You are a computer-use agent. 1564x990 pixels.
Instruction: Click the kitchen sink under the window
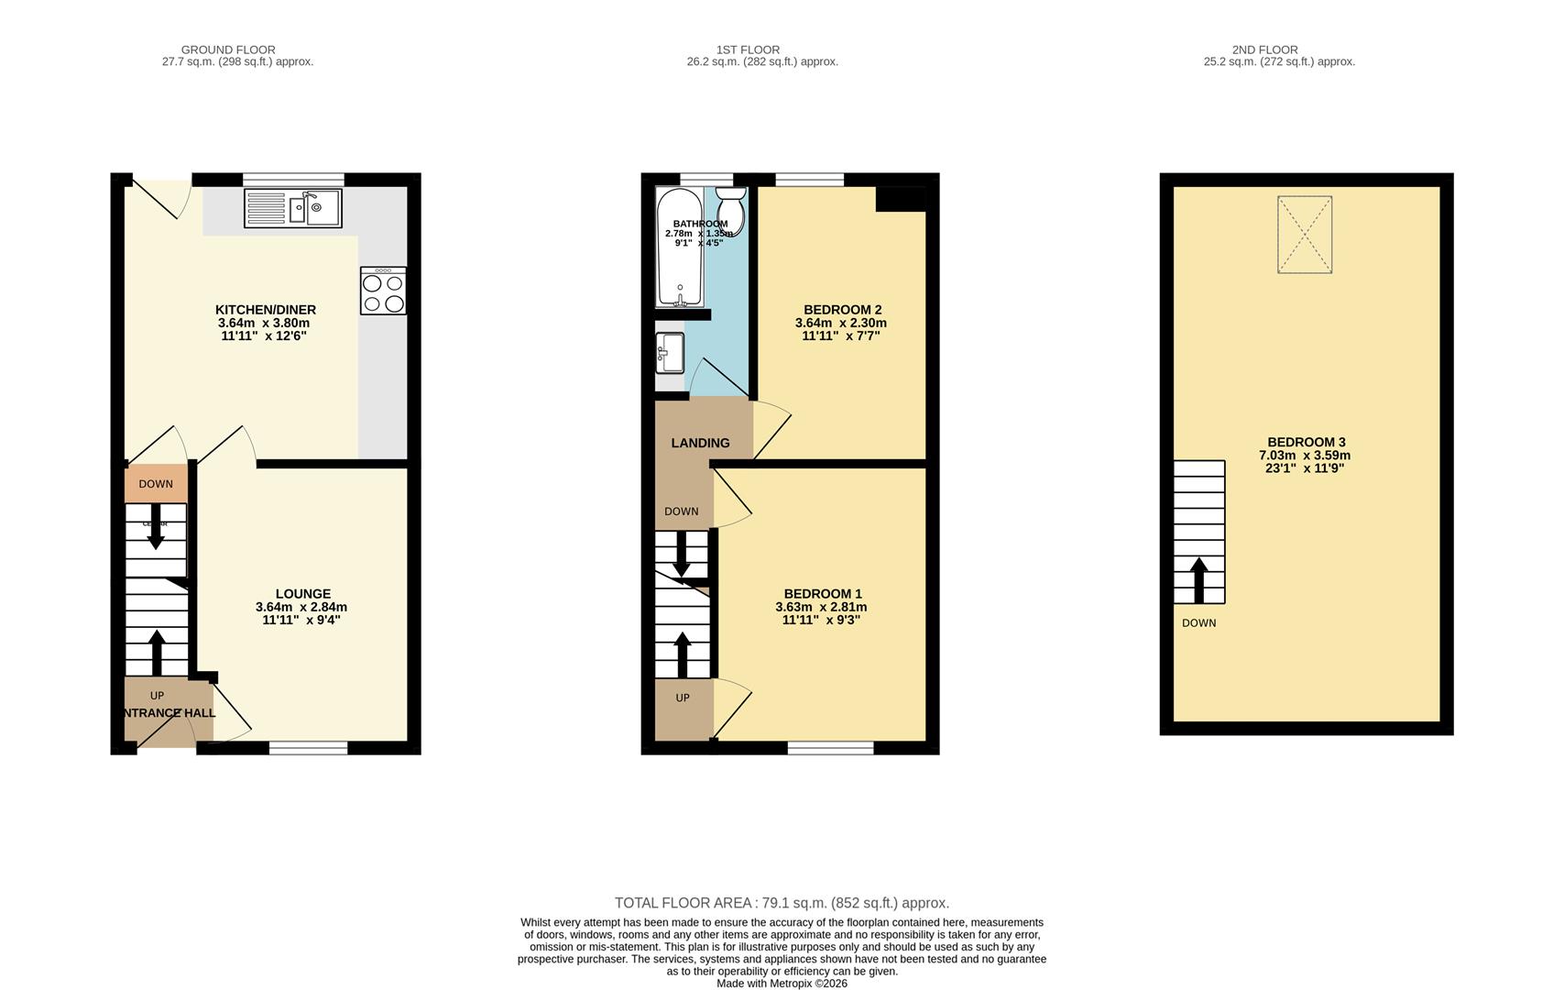click(293, 208)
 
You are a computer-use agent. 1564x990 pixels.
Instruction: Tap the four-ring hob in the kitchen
click(383, 292)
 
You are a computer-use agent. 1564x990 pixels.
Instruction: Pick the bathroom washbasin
click(671, 353)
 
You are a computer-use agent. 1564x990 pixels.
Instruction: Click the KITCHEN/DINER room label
click(265, 310)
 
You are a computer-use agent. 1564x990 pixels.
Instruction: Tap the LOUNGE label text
click(303, 594)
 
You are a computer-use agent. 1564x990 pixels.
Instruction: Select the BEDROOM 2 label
click(842, 310)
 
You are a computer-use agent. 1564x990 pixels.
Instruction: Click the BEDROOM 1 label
click(822, 594)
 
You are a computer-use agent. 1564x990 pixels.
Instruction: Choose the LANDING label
click(700, 443)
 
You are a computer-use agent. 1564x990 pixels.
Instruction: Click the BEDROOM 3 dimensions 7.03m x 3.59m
click(1306, 455)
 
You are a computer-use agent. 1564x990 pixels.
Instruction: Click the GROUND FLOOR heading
click(228, 49)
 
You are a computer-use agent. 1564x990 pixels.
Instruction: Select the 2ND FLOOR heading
click(1278, 49)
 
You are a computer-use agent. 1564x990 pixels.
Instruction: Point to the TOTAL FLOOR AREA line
click(782, 903)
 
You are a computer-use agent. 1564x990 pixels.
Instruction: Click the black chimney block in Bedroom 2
click(901, 199)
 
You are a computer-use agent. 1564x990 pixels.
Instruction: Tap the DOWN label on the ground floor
click(156, 484)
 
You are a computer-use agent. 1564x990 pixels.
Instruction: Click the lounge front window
click(309, 748)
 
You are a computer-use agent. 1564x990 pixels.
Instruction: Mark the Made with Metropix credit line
click(782, 984)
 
